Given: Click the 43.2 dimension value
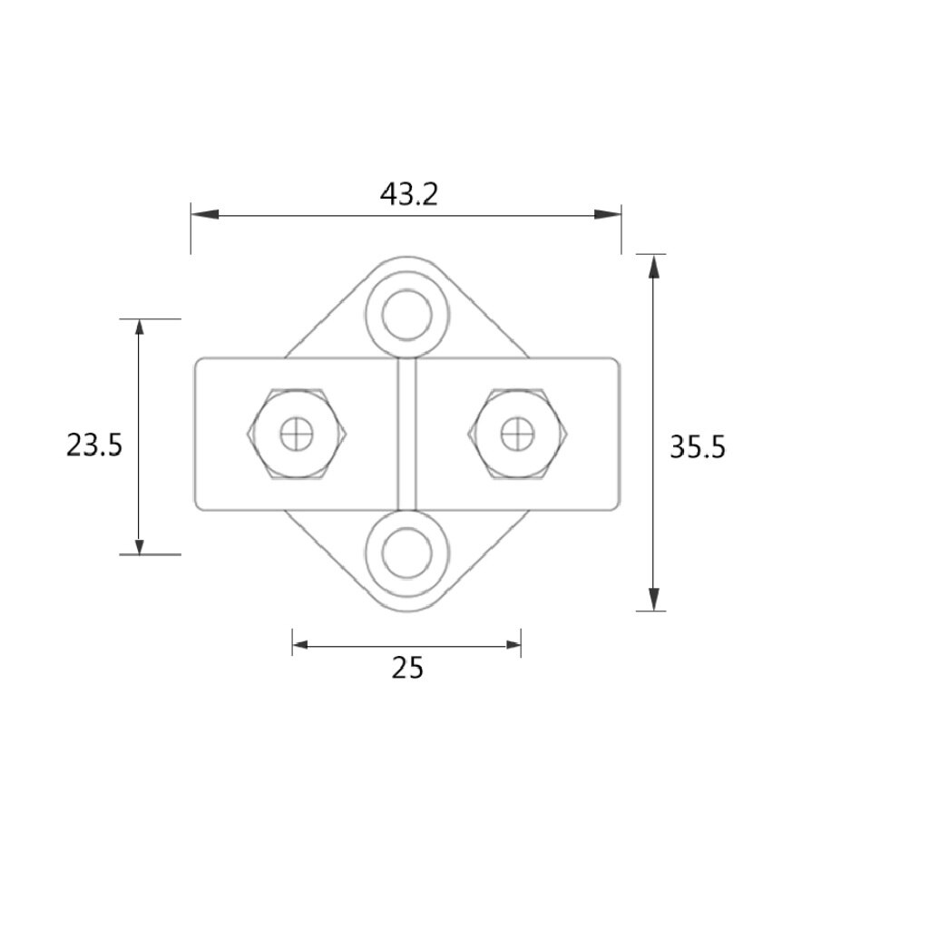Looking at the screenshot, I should point(408,194).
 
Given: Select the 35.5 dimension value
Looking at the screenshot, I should point(697,447).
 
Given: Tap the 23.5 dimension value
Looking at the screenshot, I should point(93,445).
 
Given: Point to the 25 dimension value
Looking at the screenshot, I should point(407,668).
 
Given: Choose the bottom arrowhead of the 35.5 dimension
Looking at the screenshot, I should point(653,598).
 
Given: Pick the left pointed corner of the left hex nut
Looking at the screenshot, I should point(246,434).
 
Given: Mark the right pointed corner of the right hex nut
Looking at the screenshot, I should point(568,434).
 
